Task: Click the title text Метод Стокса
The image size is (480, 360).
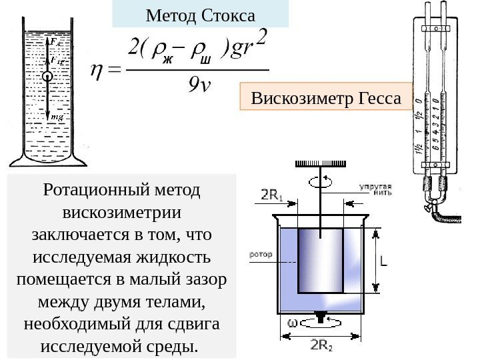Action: click(200, 13)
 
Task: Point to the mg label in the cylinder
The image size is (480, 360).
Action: click(57, 117)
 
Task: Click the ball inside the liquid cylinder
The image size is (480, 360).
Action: click(48, 77)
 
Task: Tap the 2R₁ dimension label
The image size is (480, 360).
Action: click(271, 196)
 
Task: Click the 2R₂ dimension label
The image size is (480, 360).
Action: click(323, 344)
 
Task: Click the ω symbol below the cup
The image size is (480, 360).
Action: click(292, 323)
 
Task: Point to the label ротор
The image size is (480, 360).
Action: click(259, 254)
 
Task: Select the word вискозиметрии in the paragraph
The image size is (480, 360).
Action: click(121, 213)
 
